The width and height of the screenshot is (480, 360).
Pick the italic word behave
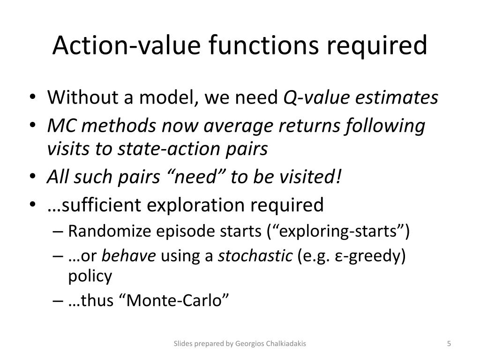(129, 256)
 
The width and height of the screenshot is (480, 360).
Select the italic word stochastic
(255, 256)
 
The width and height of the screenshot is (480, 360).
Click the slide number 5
(449, 344)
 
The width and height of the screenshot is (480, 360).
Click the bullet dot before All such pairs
(38, 178)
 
